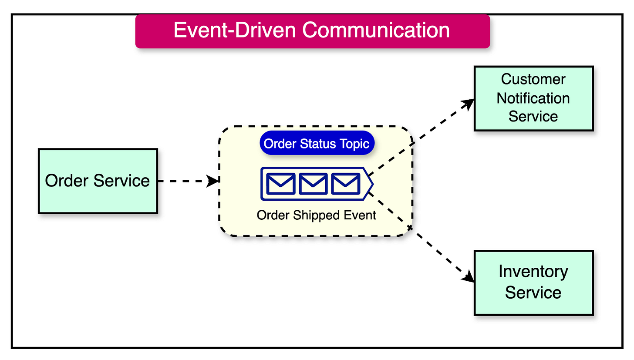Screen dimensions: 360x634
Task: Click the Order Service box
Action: pos(98,181)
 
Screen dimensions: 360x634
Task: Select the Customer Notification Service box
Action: pos(533,98)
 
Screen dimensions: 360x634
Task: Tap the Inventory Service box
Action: pos(533,283)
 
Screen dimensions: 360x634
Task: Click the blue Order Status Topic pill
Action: pos(317,143)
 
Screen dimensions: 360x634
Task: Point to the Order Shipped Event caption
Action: pos(316,215)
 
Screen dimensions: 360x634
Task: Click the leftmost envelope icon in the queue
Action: pos(281,184)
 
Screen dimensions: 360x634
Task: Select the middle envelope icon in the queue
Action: pos(313,184)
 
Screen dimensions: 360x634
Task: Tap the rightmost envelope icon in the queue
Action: pos(345,184)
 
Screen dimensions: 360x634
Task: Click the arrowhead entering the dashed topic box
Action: pos(213,181)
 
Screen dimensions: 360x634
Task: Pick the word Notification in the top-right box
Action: pos(533,98)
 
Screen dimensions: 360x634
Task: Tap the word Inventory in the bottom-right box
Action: pos(533,272)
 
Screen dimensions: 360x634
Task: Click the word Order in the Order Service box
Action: pos(63,181)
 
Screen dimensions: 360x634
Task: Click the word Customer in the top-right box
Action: pos(533,79)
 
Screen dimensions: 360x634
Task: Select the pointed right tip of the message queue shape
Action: pos(372,184)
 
